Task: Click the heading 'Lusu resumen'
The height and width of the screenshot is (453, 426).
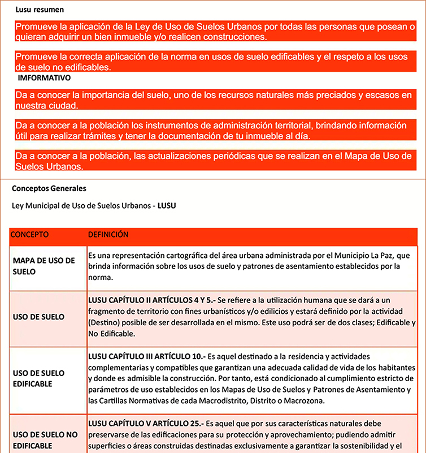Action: coord(40,10)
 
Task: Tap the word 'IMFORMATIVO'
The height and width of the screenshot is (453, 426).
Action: coord(44,77)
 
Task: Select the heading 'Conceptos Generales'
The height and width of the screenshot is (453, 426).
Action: coord(49,188)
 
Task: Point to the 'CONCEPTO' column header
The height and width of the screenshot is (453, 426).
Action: coord(30,234)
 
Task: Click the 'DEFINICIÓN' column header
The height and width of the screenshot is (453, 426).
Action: coord(108,234)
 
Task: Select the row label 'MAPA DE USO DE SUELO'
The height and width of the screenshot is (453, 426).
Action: coord(44,266)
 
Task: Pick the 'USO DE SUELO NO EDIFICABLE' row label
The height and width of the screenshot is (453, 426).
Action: coord(45,440)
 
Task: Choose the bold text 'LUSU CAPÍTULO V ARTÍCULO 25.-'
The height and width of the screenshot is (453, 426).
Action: coord(146,423)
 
